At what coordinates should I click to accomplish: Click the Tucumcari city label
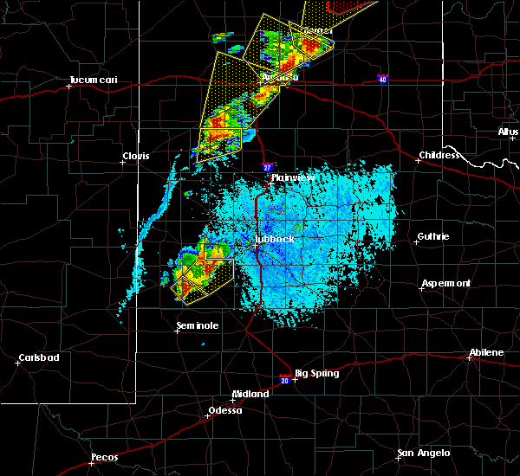tap(93, 80)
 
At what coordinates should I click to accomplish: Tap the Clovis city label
tap(135, 156)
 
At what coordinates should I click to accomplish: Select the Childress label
tap(440, 156)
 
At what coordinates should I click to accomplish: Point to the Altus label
tap(508, 132)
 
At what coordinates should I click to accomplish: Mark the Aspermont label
tap(446, 284)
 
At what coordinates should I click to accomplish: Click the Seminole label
tap(198, 325)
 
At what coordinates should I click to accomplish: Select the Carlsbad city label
tap(39, 357)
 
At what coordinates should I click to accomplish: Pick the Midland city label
tap(250, 393)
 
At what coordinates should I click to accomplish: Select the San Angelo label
tap(424, 453)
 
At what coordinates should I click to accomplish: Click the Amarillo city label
tap(280, 77)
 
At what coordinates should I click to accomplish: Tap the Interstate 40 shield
tap(382, 79)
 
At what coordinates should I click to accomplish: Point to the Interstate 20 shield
tap(284, 378)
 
